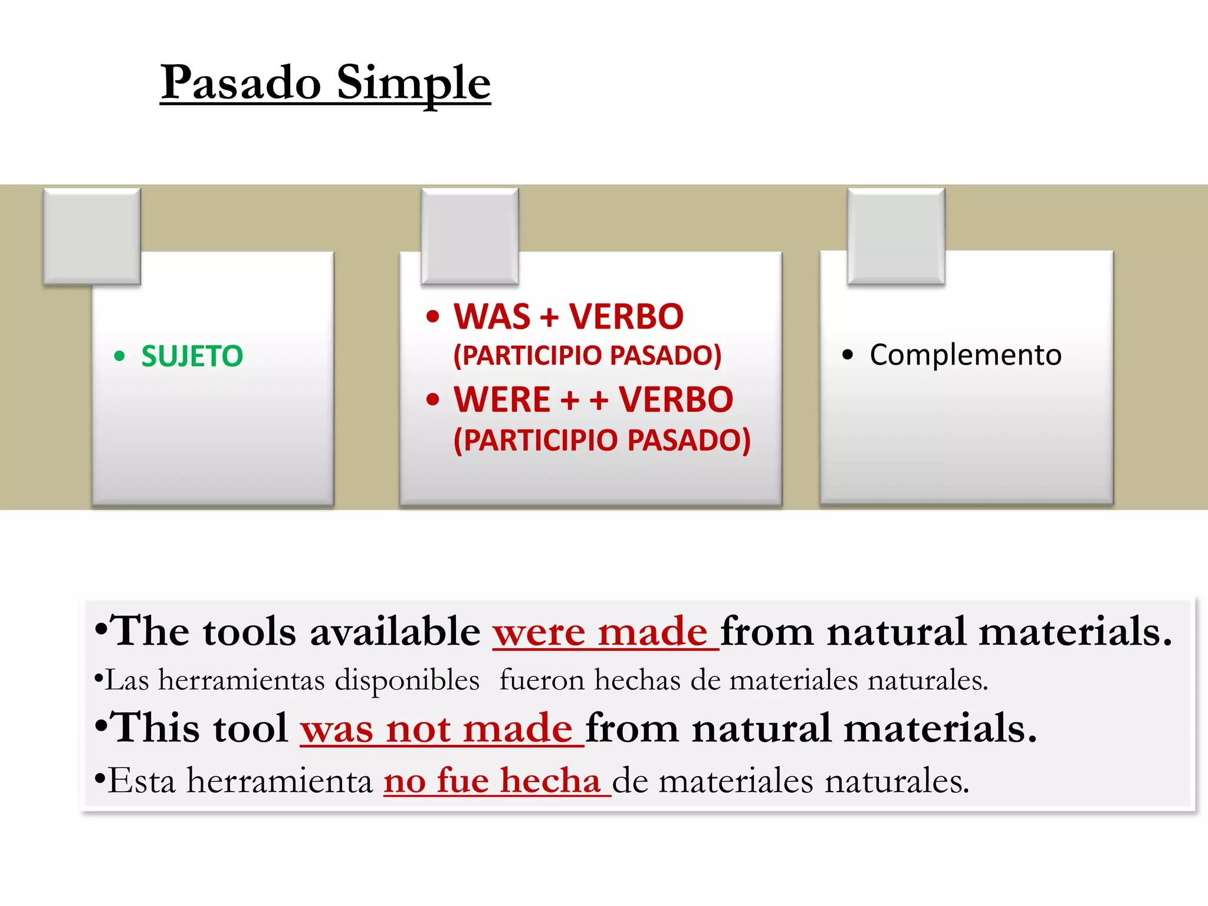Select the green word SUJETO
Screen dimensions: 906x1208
(192, 356)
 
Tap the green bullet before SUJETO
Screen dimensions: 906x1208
(120, 356)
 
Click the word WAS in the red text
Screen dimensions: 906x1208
(492, 317)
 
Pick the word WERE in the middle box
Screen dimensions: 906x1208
(502, 400)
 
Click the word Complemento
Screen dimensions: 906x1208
(965, 355)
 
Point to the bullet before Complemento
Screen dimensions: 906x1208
(848, 355)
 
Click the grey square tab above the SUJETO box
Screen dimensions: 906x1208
(92, 236)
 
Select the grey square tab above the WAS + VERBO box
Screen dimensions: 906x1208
(470, 236)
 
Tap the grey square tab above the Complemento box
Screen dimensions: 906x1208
(896, 236)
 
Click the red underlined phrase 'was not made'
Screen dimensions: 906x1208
(436, 728)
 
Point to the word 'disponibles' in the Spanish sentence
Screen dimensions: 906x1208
(407, 680)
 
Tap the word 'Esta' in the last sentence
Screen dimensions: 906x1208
(142, 781)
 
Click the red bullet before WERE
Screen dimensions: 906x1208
(433, 400)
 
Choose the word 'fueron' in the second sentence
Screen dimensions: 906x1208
(541, 680)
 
